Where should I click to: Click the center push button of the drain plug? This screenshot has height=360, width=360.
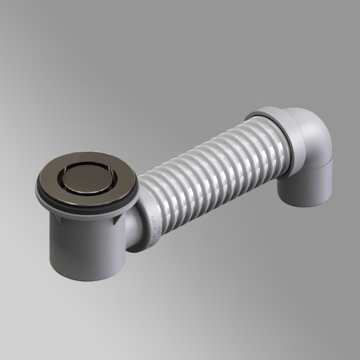click(x=88, y=178)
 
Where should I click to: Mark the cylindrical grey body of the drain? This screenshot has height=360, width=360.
click(x=84, y=246)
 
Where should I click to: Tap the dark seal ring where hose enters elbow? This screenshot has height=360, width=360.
click(x=287, y=141)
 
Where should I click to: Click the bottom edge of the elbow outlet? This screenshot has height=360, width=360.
click(x=303, y=204)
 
